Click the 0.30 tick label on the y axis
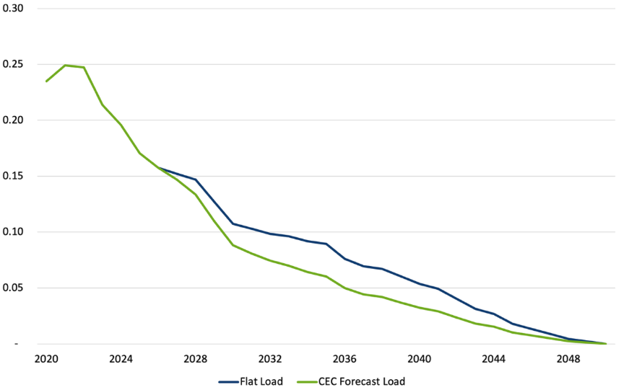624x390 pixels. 13,9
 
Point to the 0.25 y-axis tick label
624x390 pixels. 13,64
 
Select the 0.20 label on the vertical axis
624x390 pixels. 13,120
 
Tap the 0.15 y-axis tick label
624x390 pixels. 13,176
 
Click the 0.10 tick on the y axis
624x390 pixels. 13,232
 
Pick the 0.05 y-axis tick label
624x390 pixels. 13,288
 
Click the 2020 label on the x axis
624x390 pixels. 46,358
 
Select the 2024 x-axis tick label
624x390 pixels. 121,358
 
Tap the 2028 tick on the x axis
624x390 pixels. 195,358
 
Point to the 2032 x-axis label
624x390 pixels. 270,358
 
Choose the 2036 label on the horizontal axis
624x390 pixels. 344,358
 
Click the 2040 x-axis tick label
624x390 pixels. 419,358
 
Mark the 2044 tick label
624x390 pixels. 494,358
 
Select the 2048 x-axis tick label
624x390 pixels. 568,358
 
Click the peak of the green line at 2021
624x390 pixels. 65,65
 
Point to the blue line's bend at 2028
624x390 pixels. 196,180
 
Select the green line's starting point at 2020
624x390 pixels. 46,81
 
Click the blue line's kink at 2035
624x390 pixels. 326,244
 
